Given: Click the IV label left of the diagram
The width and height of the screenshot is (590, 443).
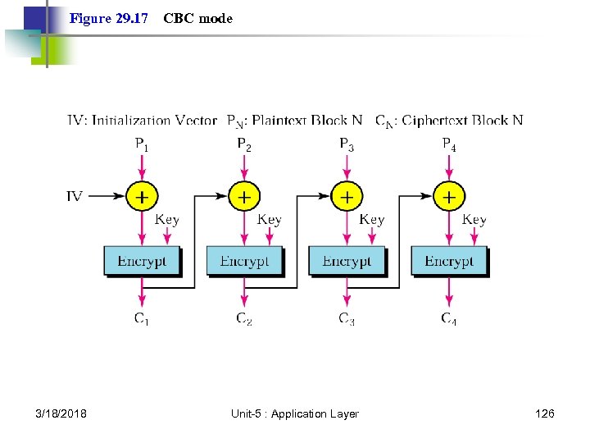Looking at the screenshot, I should click(75, 197).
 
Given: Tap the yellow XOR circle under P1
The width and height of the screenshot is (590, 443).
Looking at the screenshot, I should click(142, 197).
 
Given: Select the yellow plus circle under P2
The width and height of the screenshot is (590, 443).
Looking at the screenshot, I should click(244, 197).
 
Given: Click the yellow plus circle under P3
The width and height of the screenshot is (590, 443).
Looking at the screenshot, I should click(347, 197).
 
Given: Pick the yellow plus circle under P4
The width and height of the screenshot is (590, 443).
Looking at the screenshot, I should click(449, 197).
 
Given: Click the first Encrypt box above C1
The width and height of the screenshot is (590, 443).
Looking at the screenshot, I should click(142, 261).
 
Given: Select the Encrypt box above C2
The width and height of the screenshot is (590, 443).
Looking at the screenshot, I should click(244, 261).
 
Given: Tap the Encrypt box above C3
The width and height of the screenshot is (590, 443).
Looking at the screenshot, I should click(347, 261).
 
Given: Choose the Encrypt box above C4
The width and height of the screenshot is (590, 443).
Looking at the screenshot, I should click(449, 261).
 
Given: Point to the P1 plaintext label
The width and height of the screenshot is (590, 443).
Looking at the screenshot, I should click(142, 145).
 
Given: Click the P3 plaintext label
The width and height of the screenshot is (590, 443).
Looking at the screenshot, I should click(347, 145).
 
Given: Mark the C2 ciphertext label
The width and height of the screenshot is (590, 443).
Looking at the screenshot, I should click(244, 318).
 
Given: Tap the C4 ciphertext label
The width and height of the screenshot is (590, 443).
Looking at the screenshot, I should click(449, 318).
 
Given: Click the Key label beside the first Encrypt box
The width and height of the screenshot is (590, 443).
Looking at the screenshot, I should click(166, 220).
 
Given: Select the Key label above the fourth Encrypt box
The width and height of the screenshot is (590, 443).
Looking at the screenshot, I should click(474, 220).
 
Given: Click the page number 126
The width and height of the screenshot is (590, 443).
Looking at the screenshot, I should click(544, 413).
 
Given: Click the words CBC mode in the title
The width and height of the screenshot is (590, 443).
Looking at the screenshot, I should click(197, 18).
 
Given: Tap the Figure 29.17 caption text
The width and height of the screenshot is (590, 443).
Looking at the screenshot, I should click(109, 18).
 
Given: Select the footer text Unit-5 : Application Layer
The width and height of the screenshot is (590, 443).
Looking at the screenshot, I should click(295, 413).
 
